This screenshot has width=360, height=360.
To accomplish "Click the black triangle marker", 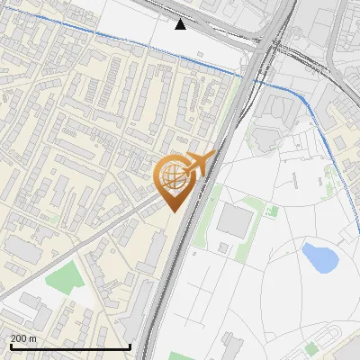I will coord(181,24).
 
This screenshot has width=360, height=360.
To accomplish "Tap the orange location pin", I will coord(173,180).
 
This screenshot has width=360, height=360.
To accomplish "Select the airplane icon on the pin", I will coord(198,164).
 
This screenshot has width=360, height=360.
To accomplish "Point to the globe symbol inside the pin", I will coord(172,177).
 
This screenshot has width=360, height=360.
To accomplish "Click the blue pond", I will coord(319,257).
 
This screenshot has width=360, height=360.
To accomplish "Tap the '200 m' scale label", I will coord(23,338).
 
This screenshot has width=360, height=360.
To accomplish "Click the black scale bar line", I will coord(70,346).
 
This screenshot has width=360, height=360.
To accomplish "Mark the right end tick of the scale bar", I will coord(131,345).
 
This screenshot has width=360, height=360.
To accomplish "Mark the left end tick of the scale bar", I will coord(9,345).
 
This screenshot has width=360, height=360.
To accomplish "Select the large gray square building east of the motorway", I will coord(237,220).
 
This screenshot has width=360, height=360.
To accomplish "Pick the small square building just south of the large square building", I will coord(222,247).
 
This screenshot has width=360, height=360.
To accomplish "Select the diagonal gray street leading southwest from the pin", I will coord(90,243).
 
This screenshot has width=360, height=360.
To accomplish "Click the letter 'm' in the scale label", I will coord(32,338).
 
